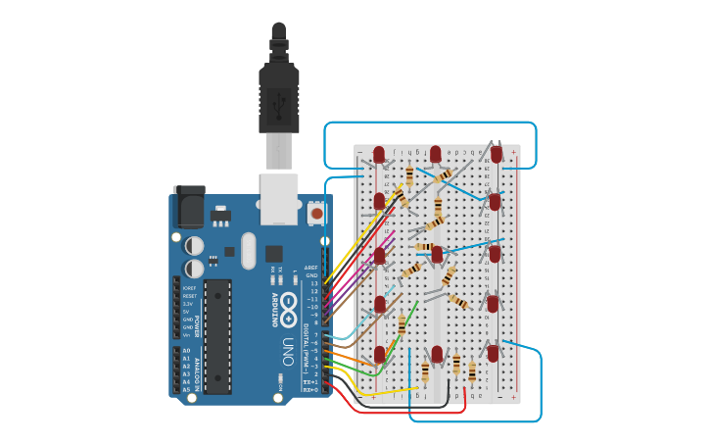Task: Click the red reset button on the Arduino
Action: (317, 212)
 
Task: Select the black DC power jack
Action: (189, 209)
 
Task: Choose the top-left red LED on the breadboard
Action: (380, 153)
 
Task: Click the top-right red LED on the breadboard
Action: (497, 154)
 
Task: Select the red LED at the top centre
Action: (436, 154)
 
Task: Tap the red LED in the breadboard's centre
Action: (438, 254)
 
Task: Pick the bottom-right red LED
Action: (494, 352)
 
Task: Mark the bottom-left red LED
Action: (380, 354)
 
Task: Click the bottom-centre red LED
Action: (437, 354)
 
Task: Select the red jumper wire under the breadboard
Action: (411, 412)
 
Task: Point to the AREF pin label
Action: (311, 267)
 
